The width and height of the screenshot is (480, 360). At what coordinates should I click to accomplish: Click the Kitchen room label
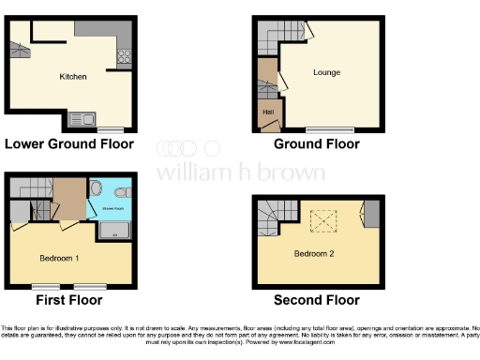[x=73, y=77]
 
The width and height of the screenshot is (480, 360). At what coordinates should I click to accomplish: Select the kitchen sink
[x=81, y=119]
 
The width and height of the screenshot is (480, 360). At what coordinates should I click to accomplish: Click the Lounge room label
[x=326, y=72]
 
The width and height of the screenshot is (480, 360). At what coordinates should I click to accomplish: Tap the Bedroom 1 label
[x=58, y=257]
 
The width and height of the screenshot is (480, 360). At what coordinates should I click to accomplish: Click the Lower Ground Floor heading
[x=69, y=144]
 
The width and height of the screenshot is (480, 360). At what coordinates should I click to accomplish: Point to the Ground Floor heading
[x=316, y=144]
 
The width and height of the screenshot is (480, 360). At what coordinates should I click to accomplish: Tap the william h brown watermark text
[x=240, y=172]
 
